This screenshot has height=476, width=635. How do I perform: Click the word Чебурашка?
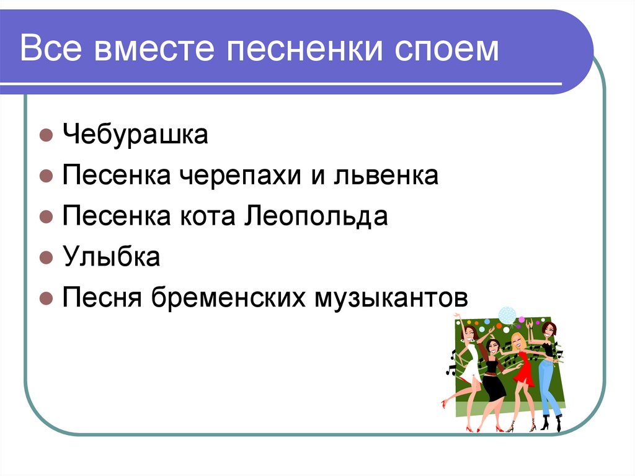pyautogui.click(x=135, y=135)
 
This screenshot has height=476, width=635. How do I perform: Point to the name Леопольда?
pyautogui.click(x=317, y=217)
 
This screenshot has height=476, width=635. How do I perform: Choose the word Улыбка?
pyautogui.click(x=111, y=257)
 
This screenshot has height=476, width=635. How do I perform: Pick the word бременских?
pyautogui.click(x=236, y=298)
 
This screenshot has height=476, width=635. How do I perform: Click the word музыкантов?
pyautogui.click(x=389, y=298)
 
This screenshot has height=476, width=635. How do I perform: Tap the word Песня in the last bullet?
pyautogui.click(x=99, y=298)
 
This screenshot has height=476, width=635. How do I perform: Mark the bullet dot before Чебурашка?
pyautogui.click(x=45, y=135)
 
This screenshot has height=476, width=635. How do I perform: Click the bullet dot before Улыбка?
pyautogui.click(x=45, y=258)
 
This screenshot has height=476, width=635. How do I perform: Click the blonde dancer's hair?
pyautogui.click(x=517, y=341)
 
